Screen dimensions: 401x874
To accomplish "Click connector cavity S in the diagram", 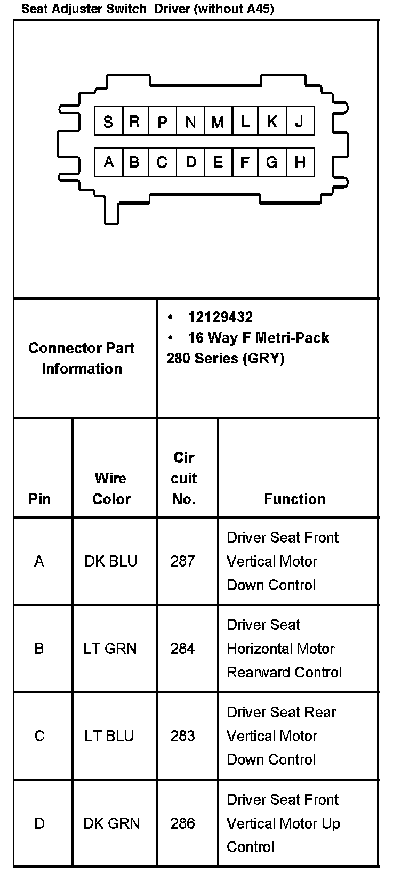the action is click(x=108, y=122).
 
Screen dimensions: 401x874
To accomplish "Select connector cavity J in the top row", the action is click(x=300, y=122).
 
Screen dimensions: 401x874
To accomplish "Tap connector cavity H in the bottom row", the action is click(x=300, y=161).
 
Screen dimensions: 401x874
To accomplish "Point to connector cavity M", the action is click(x=218, y=122).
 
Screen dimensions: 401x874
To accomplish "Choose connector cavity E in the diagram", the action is click(x=218, y=161).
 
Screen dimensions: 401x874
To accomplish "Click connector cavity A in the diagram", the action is click(x=108, y=161).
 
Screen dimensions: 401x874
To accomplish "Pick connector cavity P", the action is click(x=163, y=122).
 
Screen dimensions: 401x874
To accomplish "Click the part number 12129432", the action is click(x=220, y=318).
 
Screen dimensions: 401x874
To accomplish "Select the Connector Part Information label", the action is click(x=82, y=358).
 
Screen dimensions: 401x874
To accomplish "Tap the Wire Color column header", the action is click(x=111, y=488).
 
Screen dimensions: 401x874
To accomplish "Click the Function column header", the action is click(x=294, y=499).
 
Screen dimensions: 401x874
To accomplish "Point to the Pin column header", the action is click(x=39, y=499).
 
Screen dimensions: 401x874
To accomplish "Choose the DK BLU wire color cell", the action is click(x=111, y=561).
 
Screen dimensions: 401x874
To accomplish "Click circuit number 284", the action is click(x=182, y=649).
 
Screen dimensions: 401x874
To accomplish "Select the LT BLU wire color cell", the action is click(x=109, y=736).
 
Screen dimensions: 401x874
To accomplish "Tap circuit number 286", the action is click(x=182, y=823).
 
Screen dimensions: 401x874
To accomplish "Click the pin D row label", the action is click(x=39, y=823).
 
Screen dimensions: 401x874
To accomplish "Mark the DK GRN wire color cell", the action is click(x=111, y=823).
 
